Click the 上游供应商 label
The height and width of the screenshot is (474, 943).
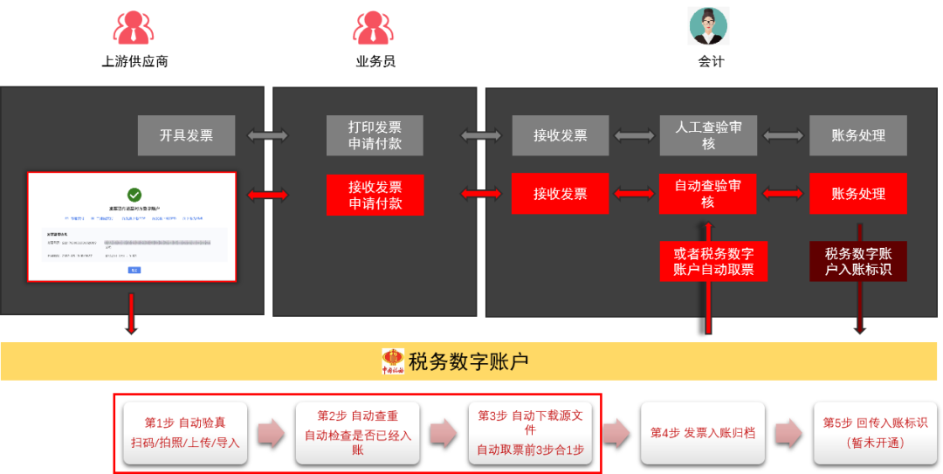pyautogui.click(x=134, y=61)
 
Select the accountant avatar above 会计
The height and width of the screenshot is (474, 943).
pyautogui.click(x=708, y=25)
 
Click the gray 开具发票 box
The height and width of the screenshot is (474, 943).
pyautogui.click(x=186, y=135)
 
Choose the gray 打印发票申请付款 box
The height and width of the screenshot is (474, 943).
pyautogui.click(x=375, y=135)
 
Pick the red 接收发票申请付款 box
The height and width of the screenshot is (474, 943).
pyautogui.click(x=375, y=194)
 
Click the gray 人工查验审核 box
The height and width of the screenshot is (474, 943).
pyautogui.click(x=707, y=135)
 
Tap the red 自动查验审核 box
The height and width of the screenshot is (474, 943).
pyautogui.click(x=707, y=194)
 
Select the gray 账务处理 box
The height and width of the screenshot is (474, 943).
pyautogui.click(x=857, y=135)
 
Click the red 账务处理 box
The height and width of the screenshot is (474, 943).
pyautogui.click(x=857, y=194)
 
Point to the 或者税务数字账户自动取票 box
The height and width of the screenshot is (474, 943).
pyautogui.click(x=713, y=261)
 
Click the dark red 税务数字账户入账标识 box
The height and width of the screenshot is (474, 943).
pyautogui.click(x=857, y=261)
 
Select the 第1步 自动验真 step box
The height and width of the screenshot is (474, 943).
pyautogui.click(x=185, y=433)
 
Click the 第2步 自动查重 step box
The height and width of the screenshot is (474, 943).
pyautogui.click(x=357, y=433)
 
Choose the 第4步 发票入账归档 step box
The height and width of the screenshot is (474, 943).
pyautogui.click(x=702, y=433)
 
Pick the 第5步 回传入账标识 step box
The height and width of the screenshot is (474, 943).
pyautogui.click(x=875, y=433)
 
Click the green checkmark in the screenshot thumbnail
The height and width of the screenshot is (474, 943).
pyautogui.click(x=134, y=195)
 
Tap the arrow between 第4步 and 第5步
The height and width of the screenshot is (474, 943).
pyautogui.click(x=788, y=433)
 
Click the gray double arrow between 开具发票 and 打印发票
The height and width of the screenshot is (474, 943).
pyautogui.click(x=268, y=135)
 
